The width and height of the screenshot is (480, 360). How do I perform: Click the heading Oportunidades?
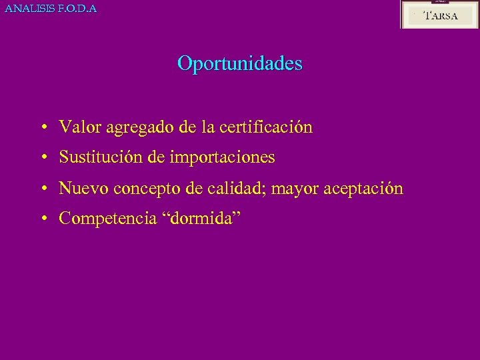(x=239, y=64)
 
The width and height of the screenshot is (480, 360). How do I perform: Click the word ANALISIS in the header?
(x=29, y=9)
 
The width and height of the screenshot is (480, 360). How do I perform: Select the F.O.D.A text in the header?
(x=79, y=9)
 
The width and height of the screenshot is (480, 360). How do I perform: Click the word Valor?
(x=77, y=127)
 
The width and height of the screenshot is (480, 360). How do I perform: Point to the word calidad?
(x=231, y=189)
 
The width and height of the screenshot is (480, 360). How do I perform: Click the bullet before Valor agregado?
(x=42, y=127)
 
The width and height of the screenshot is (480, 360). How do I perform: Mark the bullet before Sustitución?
(x=42, y=158)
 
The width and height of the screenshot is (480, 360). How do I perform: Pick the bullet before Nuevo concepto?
(x=42, y=189)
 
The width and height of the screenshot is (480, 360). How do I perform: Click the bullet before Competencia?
(x=42, y=219)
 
